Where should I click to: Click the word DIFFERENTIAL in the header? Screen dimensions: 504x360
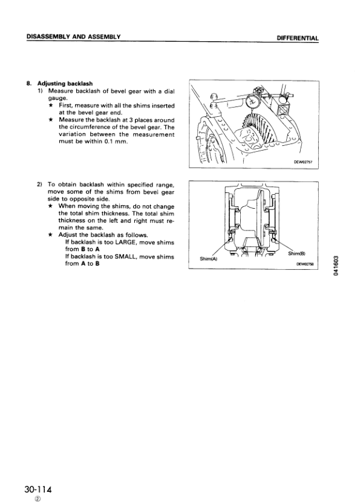[x=297, y=38]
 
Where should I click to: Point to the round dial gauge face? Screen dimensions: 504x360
[x=253, y=101]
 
